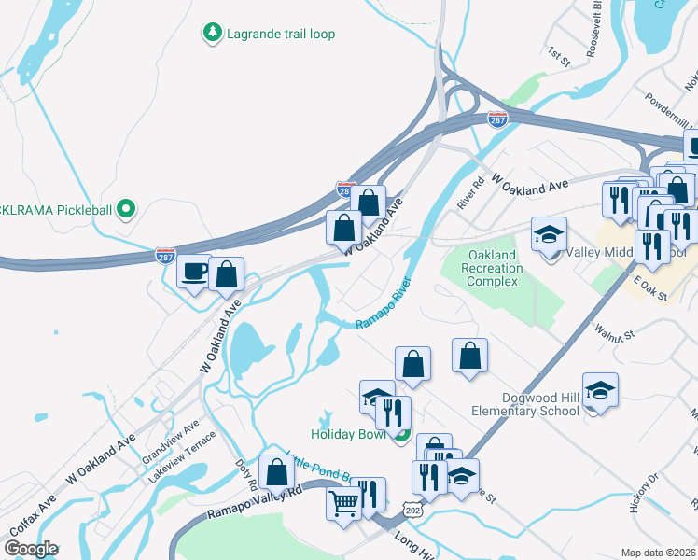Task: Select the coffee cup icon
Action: point(194,272)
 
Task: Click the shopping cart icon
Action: point(343,504)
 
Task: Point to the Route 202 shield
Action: point(411,507)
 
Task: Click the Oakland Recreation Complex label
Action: point(492,268)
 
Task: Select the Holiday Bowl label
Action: point(348,433)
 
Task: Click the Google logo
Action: point(31,549)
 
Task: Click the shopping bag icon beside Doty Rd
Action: point(277,472)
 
